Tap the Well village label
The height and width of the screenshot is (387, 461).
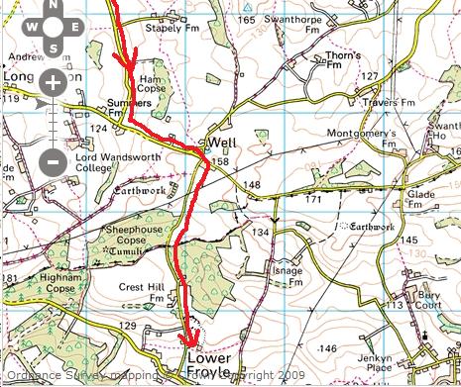coord(220,144)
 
